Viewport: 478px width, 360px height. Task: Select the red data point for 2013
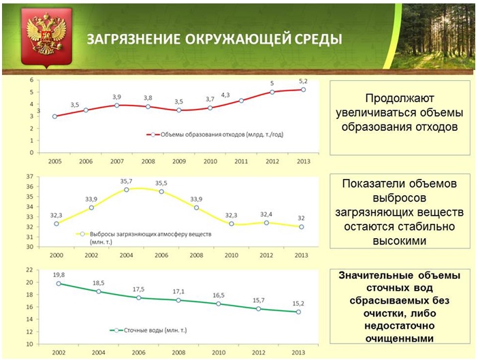(303, 90)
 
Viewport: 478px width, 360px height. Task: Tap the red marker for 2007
(117, 105)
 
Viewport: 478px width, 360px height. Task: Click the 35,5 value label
(161, 182)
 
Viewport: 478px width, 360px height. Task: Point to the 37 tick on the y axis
(29, 176)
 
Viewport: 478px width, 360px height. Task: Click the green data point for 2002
(59, 283)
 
